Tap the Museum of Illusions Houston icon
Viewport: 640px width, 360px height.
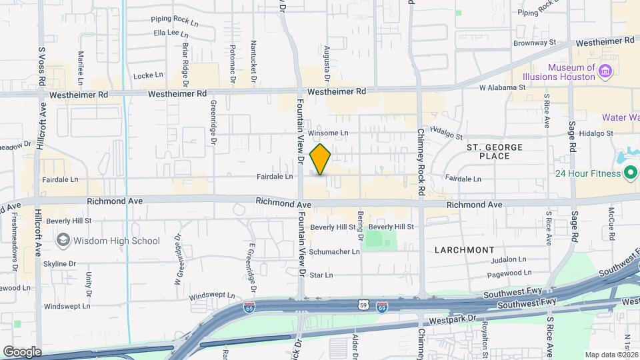pyautogui.click(x=605, y=71)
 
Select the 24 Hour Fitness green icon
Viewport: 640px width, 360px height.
pyautogui.click(x=631, y=174)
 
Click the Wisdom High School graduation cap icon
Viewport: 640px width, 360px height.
pyautogui.click(x=63, y=240)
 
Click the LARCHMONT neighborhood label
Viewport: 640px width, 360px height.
pyautogui.click(x=465, y=249)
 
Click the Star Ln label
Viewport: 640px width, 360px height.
pyautogui.click(x=321, y=275)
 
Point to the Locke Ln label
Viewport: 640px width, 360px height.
pyautogui.click(x=148, y=75)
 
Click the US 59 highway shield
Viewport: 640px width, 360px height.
pyautogui.click(x=364, y=305)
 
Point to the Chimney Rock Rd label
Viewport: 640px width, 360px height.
pyautogui.click(x=421, y=163)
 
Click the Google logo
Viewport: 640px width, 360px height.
pyautogui.click(x=22, y=351)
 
